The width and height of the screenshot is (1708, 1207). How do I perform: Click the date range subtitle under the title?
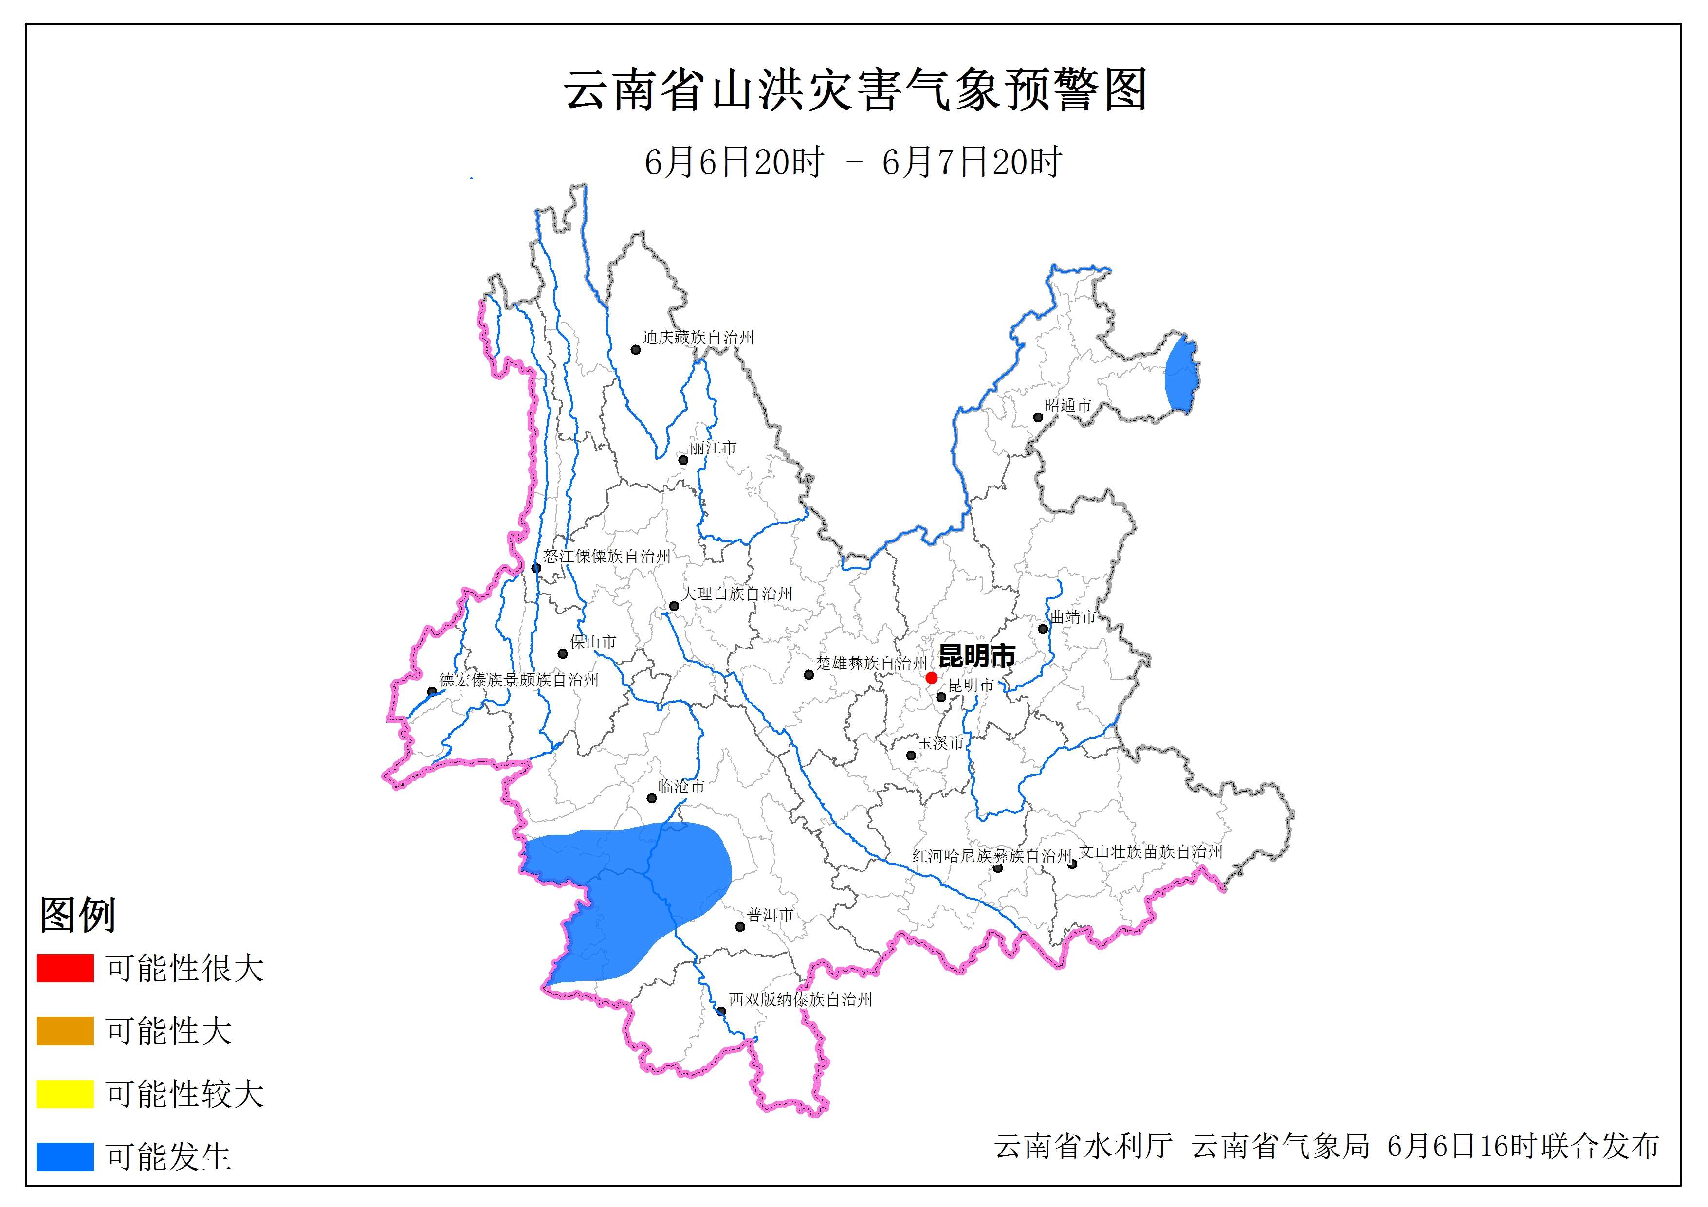click(x=853, y=162)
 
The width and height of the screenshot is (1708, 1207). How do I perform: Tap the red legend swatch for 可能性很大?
click(x=65, y=968)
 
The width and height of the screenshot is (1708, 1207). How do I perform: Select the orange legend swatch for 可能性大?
click(x=65, y=1031)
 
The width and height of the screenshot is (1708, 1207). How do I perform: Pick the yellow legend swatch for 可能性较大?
click(x=65, y=1093)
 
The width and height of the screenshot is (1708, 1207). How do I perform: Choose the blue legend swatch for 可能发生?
click(x=65, y=1156)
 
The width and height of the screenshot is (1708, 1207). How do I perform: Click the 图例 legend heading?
click(x=77, y=914)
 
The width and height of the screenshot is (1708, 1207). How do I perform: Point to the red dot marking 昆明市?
click(x=931, y=678)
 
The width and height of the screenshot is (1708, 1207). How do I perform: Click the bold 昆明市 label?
click(x=977, y=655)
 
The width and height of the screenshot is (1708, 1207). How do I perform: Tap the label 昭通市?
click(x=1067, y=405)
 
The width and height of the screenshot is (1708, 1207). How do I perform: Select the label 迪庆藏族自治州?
click(x=698, y=338)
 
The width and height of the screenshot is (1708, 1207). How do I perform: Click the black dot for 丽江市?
click(x=683, y=460)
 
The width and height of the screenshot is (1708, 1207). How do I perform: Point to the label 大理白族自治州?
click(x=736, y=594)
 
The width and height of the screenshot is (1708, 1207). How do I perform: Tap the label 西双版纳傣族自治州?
click(x=800, y=1000)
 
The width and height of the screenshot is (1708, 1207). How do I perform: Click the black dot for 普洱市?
click(x=740, y=927)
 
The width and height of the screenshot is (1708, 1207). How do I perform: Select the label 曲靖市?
click(x=1073, y=616)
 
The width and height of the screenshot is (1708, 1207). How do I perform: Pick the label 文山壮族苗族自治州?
click(x=1151, y=851)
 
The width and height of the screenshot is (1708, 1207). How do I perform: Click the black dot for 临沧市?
click(x=652, y=798)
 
